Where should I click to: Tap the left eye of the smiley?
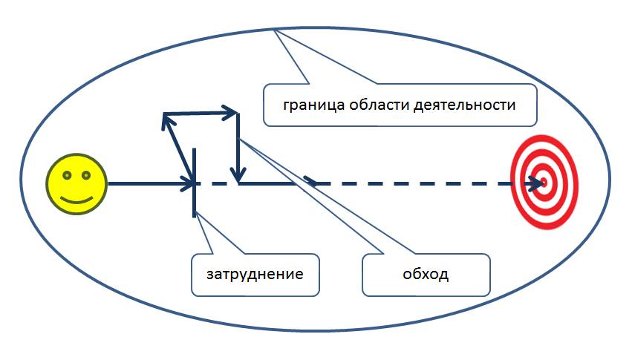pos(67,175)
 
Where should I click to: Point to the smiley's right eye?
pos(86,175)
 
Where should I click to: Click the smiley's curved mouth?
pos(76,198)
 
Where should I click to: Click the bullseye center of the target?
pos(544,181)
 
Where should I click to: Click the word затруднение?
pos(255,275)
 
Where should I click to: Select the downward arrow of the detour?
pos(238,148)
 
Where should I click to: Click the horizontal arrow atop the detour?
pos(201,114)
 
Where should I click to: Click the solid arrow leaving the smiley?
pos(149,183)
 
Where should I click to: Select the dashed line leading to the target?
pos(416,183)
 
